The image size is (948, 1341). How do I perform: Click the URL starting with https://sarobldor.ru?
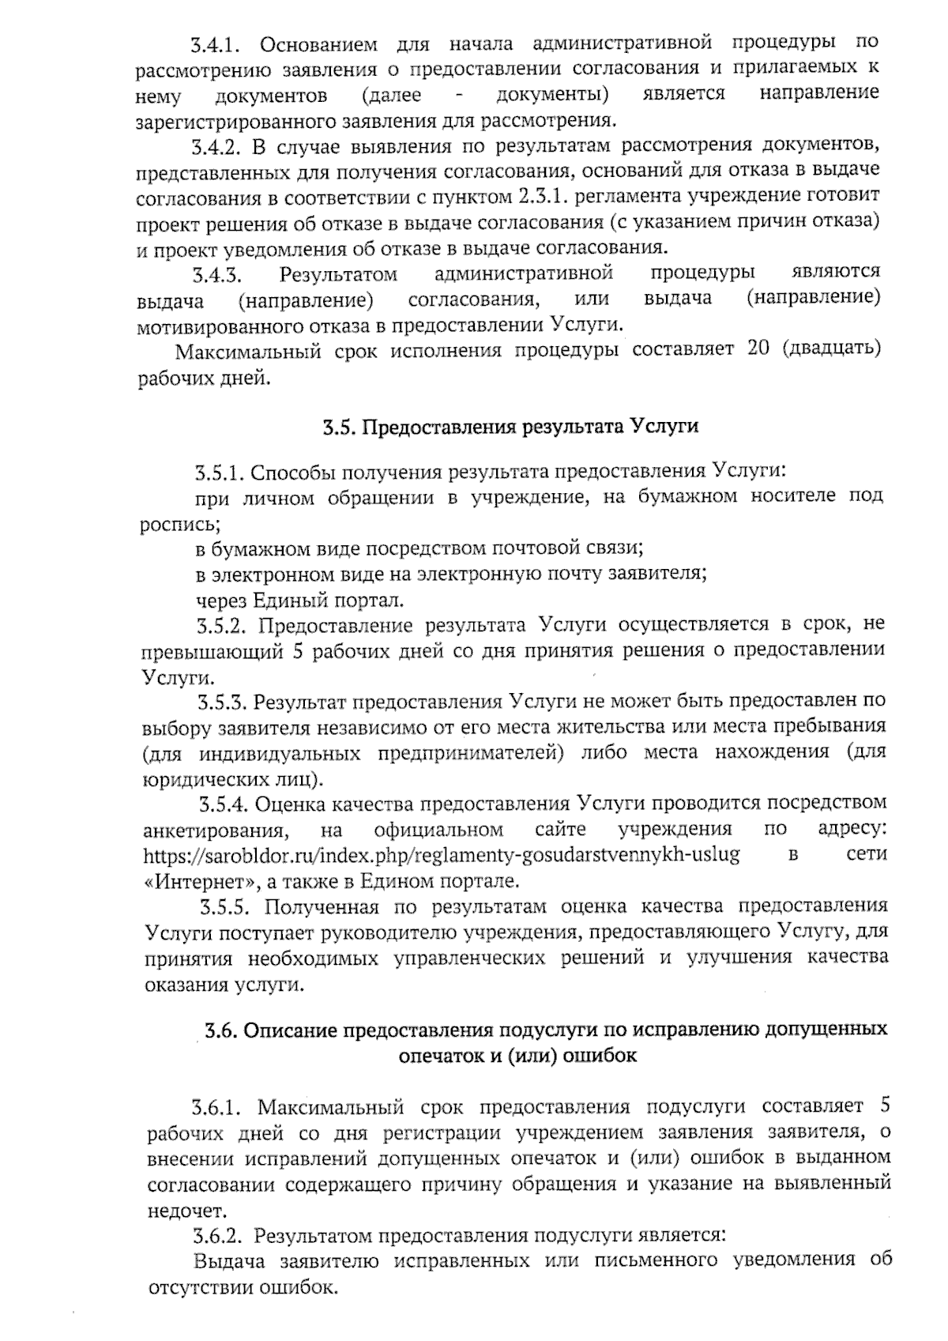[x=442, y=855]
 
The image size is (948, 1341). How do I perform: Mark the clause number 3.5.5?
[x=225, y=906]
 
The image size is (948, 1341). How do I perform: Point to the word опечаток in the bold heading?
[x=442, y=1056]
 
